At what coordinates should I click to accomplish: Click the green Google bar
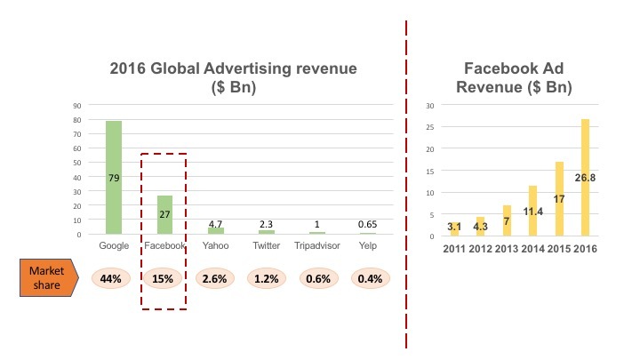114,177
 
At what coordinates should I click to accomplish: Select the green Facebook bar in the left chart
164,214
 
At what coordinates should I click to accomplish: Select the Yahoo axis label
216,244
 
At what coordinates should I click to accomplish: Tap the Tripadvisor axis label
317,244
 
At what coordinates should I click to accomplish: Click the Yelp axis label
369,244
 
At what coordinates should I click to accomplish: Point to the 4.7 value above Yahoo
216,224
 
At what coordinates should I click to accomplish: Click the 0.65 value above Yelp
369,225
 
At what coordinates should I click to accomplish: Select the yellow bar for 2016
585,177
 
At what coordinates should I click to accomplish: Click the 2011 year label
454,248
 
